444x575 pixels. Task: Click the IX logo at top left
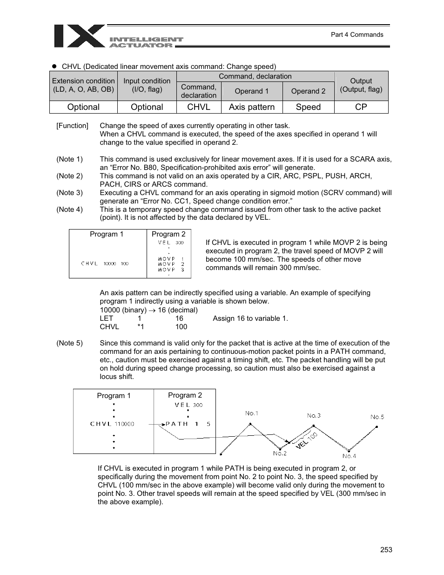click(79, 36)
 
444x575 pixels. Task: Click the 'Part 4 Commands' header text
click(357, 34)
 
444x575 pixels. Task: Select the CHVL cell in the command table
click(199, 107)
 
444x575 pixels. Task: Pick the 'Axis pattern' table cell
click(252, 107)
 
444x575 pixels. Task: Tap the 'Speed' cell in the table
click(308, 107)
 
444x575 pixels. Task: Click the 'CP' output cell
click(361, 107)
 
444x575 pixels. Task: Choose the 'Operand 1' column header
click(252, 91)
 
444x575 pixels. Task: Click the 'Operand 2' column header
click(308, 91)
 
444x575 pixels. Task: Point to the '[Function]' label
click(72, 126)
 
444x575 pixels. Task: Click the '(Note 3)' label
click(69, 193)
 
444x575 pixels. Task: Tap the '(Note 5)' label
click(69, 343)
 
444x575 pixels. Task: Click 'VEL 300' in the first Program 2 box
click(170, 243)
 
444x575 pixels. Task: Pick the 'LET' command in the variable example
click(106, 318)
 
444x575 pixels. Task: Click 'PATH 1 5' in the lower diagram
click(188, 424)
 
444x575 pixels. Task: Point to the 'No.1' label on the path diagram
click(252, 413)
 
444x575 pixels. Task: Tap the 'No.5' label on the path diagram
click(377, 417)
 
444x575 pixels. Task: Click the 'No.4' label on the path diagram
click(349, 456)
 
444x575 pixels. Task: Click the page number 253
click(386, 550)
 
